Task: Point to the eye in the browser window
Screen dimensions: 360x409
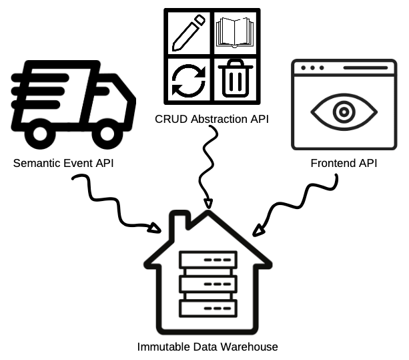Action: tap(343, 110)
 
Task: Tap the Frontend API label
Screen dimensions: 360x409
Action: tap(343, 163)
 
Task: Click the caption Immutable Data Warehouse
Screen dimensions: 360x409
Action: tap(207, 347)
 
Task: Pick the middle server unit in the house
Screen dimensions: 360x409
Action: tap(208, 284)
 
